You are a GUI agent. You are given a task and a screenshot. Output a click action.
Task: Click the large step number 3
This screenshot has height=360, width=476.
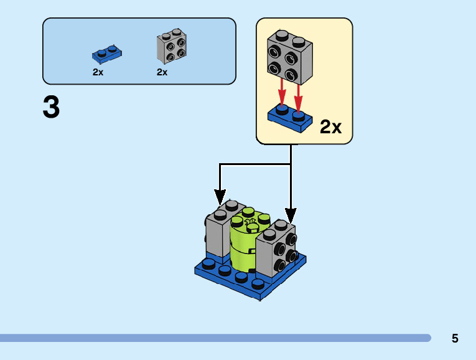pyautogui.click(x=52, y=107)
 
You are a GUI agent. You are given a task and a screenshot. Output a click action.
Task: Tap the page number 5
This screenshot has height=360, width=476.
pyautogui.click(x=455, y=339)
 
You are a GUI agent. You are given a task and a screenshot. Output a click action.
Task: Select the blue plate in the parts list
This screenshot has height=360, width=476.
pyautogui.click(x=107, y=54)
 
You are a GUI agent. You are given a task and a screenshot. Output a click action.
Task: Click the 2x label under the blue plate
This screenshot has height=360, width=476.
pyautogui.click(x=98, y=72)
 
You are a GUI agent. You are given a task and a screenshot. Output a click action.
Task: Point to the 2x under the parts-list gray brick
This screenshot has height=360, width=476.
pyautogui.click(x=162, y=72)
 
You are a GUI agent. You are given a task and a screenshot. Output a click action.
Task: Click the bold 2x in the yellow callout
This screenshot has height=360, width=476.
pyautogui.click(x=330, y=127)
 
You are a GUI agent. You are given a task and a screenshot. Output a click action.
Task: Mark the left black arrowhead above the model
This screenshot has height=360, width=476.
pyautogui.click(x=220, y=197)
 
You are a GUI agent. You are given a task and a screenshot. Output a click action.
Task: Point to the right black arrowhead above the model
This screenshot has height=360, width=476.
pyautogui.click(x=291, y=216)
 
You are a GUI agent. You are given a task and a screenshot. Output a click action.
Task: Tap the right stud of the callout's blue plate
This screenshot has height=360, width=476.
pyautogui.click(x=299, y=115)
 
